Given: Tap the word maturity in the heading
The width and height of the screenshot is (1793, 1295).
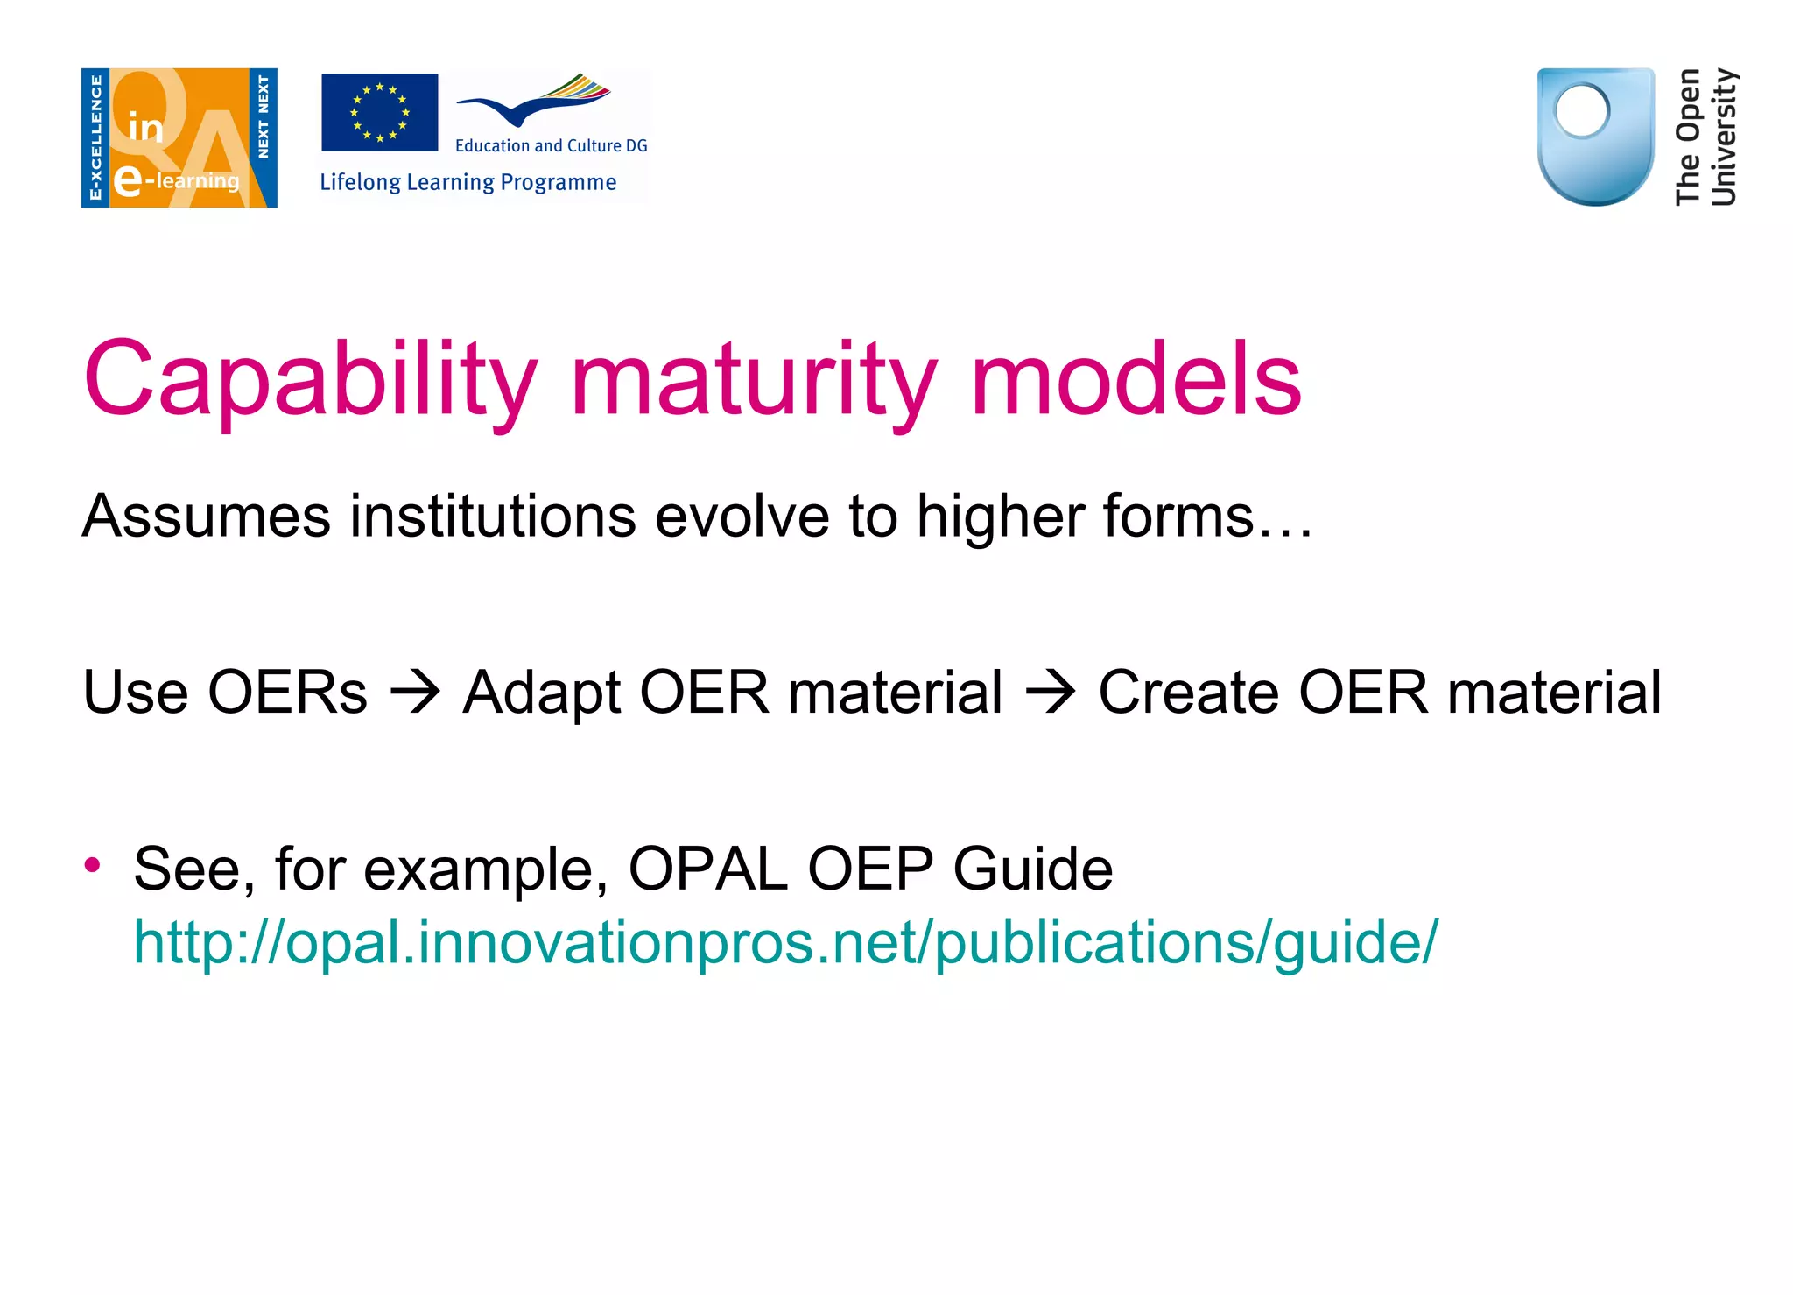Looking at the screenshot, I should pos(753,381).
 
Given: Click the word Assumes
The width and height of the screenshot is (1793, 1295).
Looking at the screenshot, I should pos(206,517).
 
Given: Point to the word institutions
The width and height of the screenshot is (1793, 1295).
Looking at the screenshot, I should pos(492,517).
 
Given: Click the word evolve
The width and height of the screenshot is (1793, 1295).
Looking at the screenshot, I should pos(742,517).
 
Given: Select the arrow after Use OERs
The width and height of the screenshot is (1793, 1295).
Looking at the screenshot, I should pos(415,693).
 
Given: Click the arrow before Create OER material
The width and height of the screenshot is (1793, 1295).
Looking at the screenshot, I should pos(1050,693).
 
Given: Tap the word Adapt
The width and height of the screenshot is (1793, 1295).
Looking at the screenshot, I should pos(541,693).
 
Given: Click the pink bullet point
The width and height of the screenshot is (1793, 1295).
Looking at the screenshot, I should pos(93,866).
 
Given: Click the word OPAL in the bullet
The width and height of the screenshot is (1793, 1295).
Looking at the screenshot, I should pos(707,869).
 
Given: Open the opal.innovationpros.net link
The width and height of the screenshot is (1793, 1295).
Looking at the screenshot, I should pos(784,943).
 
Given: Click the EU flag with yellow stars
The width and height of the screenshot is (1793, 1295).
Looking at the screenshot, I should pos(379,112).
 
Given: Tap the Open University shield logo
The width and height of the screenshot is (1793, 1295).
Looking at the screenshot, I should pos(1595,137).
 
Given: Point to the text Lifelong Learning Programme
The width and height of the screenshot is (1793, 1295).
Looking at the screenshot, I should pos(468,182).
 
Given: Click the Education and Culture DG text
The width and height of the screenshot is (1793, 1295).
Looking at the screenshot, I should pos(551,146).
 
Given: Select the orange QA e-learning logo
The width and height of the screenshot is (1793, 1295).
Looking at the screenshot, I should pos(179,137).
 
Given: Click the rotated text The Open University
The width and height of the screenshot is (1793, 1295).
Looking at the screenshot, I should pos(1705,137).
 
